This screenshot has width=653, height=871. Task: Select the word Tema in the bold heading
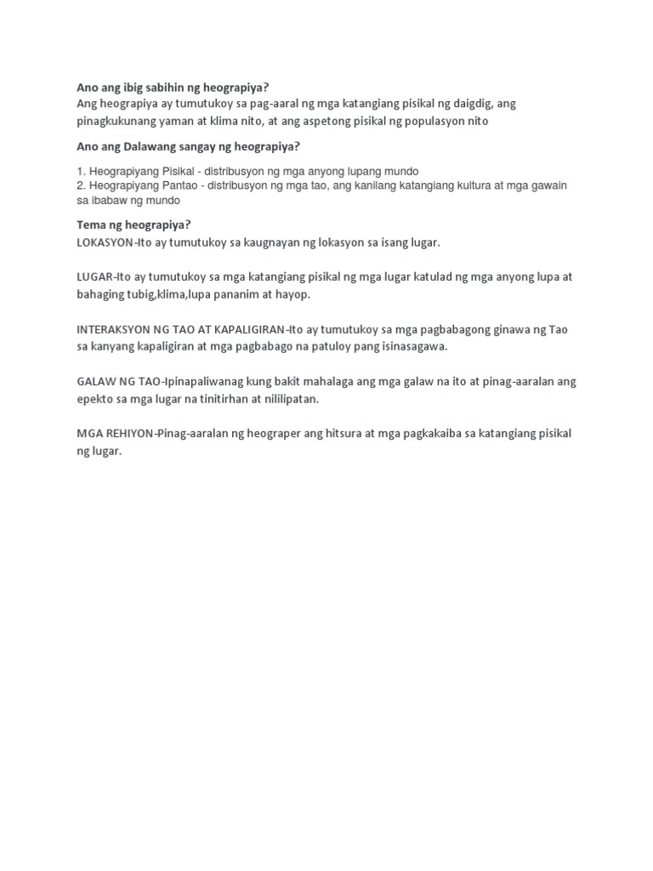90,225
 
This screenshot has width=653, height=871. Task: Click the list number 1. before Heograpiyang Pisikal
81,171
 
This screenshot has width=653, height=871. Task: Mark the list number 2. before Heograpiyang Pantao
81,185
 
